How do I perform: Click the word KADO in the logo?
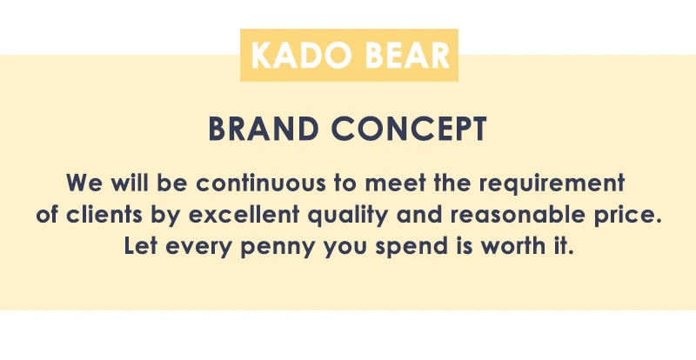coord(302,56)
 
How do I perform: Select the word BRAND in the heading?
coord(264,130)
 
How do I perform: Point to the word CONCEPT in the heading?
coord(409,130)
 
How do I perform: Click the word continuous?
coord(261,183)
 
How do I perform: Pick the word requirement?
coord(552,184)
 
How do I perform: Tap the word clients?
coord(104,215)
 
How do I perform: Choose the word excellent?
coord(244,215)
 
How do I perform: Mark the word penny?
coord(278,248)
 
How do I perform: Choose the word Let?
coord(140,245)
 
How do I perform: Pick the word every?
coord(198,248)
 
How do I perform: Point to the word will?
coord(129,183)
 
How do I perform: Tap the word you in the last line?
coord(345,248)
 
